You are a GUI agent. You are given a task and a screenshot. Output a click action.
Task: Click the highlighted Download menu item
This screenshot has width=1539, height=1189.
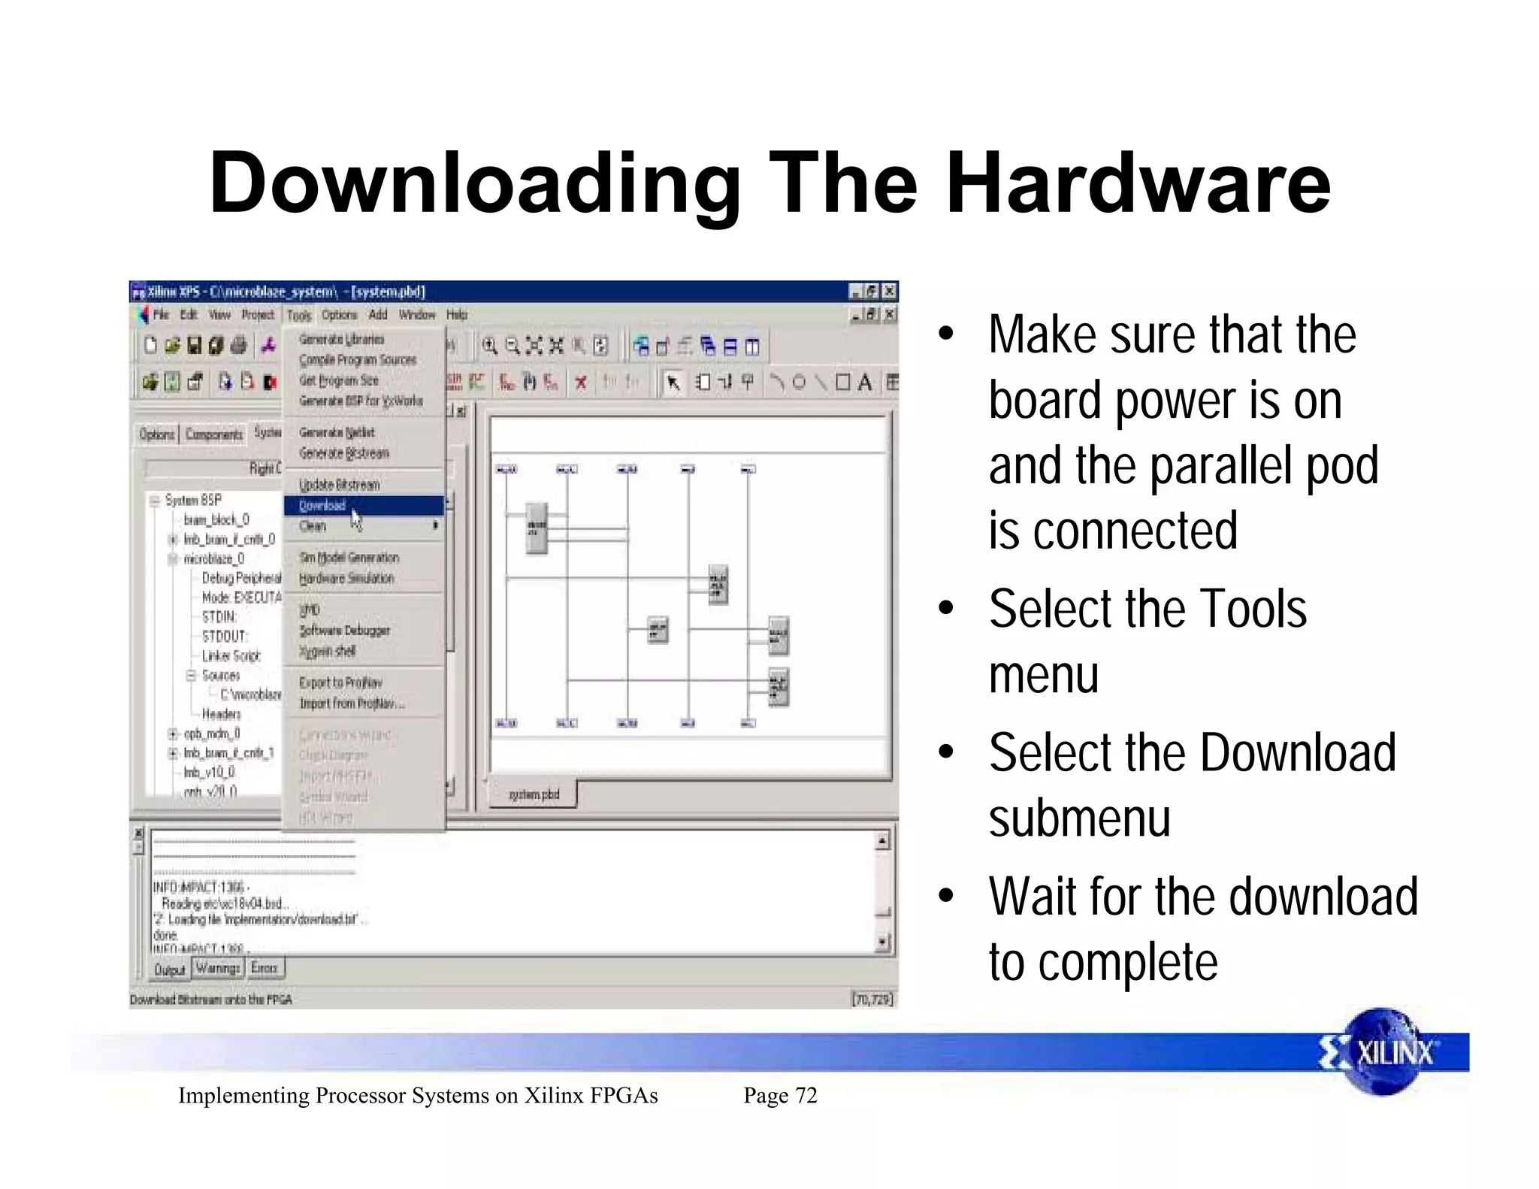[x=323, y=506]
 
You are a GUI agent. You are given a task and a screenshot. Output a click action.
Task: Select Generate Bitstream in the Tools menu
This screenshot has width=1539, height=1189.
[x=344, y=453]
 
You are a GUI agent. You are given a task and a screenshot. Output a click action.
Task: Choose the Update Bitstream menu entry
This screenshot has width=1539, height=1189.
[x=339, y=485]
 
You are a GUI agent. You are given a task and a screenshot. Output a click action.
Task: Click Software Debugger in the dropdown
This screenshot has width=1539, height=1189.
[x=344, y=631]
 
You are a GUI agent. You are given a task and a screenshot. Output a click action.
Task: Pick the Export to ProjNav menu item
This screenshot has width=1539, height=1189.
[x=340, y=682]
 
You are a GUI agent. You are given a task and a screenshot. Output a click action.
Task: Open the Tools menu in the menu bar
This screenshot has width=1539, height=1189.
[x=299, y=316]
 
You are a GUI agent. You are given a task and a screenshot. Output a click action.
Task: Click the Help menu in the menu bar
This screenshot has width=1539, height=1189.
[x=457, y=315]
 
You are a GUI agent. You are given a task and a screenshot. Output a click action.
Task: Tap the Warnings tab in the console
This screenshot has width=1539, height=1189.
[x=217, y=968]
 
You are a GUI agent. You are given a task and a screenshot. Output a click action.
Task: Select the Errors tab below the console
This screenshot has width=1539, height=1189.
[x=265, y=968]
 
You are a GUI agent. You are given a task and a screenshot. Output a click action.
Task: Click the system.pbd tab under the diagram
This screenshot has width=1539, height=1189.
[x=534, y=794]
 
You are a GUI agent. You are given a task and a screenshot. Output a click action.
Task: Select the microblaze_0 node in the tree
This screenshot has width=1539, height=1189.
[x=214, y=559]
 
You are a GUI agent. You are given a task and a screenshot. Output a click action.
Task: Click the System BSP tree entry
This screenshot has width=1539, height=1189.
[x=193, y=501]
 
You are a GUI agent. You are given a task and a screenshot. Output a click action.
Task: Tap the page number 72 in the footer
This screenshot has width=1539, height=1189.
[x=806, y=1096]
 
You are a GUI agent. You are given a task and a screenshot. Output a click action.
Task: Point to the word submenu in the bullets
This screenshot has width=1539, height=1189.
[x=1080, y=818]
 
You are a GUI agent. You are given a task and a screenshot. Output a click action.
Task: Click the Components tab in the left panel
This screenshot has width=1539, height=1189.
[x=214, y=434]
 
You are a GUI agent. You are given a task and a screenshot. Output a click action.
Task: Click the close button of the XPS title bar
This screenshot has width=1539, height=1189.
[x=890, y=291]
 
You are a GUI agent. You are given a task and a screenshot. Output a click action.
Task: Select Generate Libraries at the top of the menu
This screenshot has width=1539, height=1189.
[x=341, y=340]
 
